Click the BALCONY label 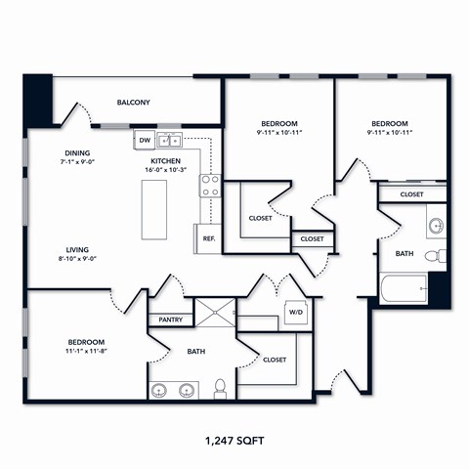tap(133, 102)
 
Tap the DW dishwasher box tap(145, 141)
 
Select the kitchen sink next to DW tap(171, 141)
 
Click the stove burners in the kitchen tap(210, 185)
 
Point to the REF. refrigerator tap(208, 237)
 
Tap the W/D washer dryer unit tap(294, 313)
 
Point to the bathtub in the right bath tap(403, 289)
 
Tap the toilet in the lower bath tap(221, 389)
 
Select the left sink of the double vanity tap(162, 391)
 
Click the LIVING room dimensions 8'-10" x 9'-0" tap(78, 260)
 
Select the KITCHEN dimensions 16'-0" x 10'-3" tap(166, 170)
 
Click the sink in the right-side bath tap(437, 225)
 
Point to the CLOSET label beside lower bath tap(275, 360)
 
